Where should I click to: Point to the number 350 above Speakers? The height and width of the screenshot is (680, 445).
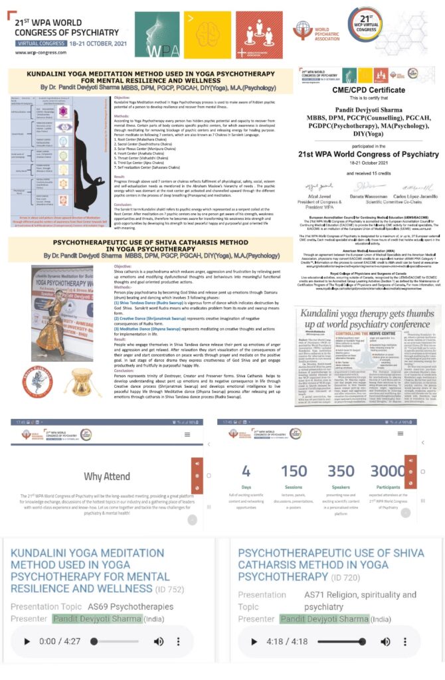(x=341, y=471)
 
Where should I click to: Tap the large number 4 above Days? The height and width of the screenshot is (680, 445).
(x=246, y=471)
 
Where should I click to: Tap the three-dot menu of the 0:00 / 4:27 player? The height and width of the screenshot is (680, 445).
(x=179, y=641)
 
